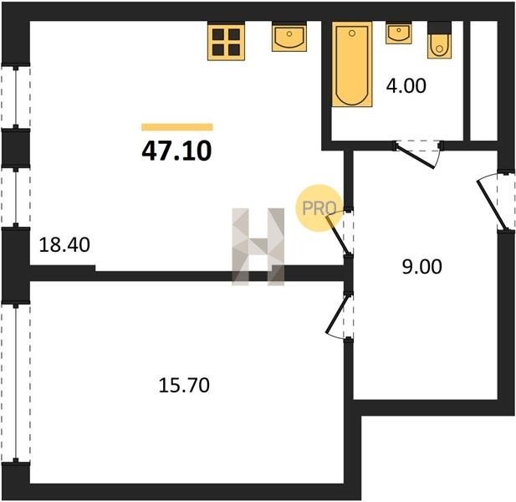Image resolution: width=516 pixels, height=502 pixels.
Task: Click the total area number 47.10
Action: coord(176,151)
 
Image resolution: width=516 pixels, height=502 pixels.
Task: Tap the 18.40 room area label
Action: coord(64,245)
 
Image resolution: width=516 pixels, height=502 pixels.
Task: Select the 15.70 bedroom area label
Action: coord(184,385)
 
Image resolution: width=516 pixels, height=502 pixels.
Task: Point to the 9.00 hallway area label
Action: coord(421,267)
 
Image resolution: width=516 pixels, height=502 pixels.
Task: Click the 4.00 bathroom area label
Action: coord(406,85)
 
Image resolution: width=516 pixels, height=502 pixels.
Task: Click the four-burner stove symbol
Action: coord(226,42)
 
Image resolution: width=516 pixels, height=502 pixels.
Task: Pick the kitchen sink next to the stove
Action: coord(289,37)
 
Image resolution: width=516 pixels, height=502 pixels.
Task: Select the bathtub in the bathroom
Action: coord(352,64)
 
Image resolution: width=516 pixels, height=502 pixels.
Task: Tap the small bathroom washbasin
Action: coord(399,33)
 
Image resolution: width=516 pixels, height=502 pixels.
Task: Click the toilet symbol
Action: coord(439,40)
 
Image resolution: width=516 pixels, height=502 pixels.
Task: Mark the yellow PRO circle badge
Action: coord(318,208)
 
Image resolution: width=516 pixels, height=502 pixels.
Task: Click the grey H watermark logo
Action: coord(258,247)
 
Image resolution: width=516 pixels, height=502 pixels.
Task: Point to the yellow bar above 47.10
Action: coord(177,127)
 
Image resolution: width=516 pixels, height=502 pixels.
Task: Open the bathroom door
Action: coord(417,154)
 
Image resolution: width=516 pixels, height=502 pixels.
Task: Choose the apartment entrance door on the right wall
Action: coord(495,201)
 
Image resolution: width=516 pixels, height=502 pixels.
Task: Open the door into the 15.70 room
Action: coord(339,315)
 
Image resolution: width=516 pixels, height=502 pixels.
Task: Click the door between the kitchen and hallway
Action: coord(340,232)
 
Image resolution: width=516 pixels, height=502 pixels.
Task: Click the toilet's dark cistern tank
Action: coord(439,28)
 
